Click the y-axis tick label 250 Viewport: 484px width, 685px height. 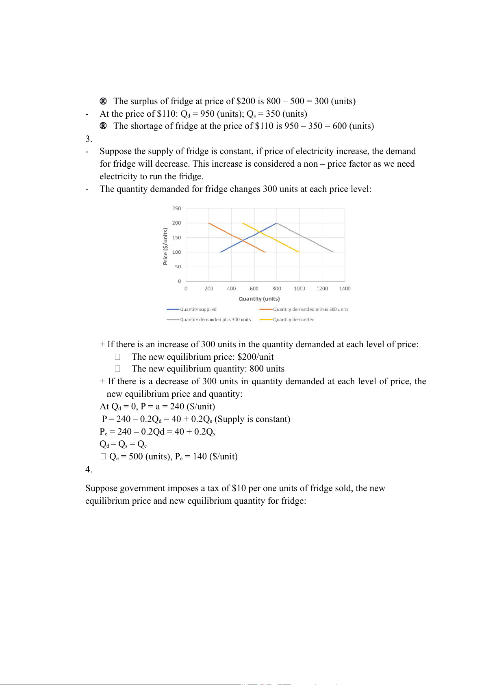[176, 209]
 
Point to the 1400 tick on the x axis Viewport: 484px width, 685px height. [345, 289]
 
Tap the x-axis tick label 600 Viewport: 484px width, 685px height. [254, 289]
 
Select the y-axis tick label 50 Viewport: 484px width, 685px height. [178, 267]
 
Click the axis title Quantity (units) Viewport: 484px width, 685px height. [259, 299]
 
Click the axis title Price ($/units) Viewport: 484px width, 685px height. [165, 246]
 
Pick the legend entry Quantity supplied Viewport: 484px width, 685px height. [198, 309]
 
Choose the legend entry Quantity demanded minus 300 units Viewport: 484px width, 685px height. [310, 309]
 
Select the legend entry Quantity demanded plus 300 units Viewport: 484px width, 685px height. [215, 320]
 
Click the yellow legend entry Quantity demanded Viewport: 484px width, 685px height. [293, 320]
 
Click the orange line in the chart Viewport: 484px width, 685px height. [228, 233]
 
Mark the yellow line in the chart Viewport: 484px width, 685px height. [280, 242]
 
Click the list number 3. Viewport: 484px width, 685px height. [88, 139]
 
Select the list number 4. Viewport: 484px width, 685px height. [88, 470]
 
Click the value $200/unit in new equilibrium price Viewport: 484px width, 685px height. [255, 357]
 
